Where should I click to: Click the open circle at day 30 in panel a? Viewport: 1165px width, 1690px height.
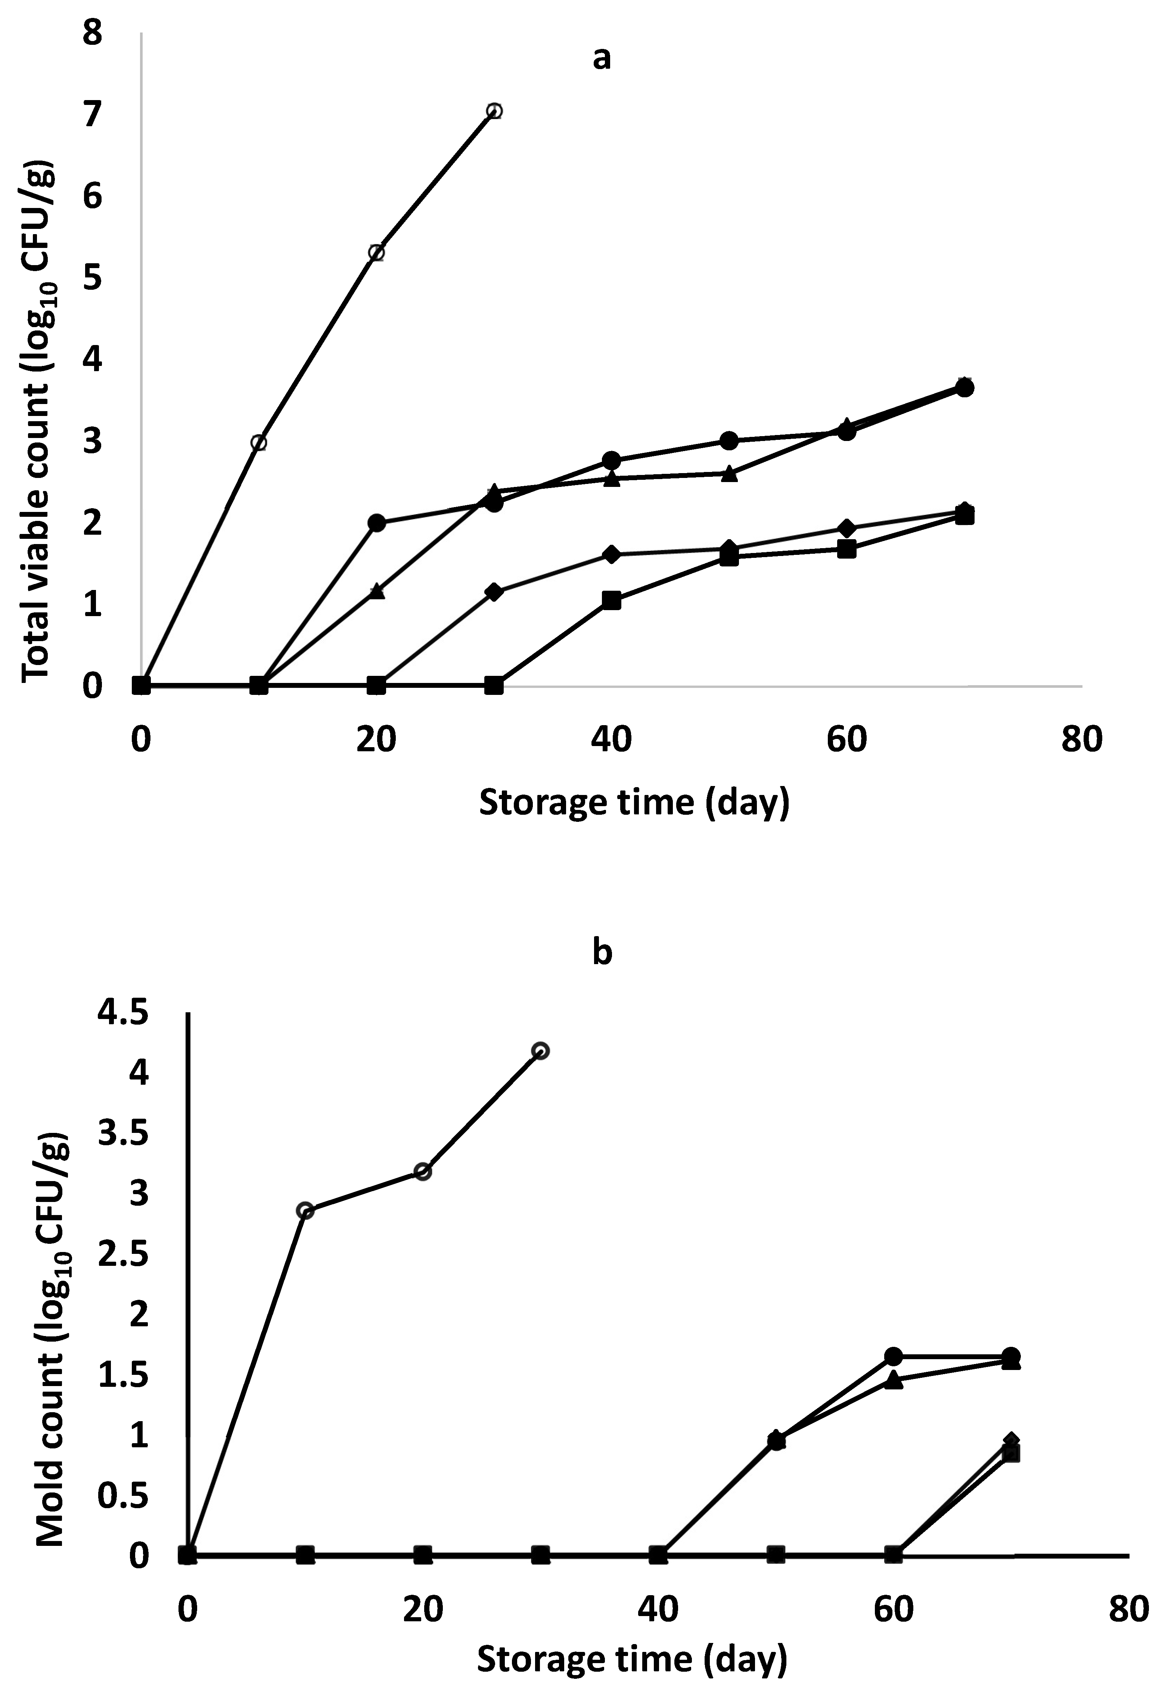(x=494, y=111)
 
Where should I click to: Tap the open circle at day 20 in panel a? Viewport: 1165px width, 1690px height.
(x=377, y=252)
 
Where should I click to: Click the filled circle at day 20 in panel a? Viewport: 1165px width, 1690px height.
(x=377, y=523)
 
